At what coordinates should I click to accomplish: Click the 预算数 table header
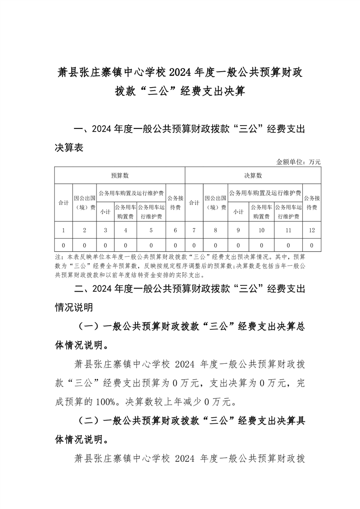tap(120, 176)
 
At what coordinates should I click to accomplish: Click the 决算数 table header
tap(253, 176)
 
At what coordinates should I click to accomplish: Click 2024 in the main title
tap(180, 72)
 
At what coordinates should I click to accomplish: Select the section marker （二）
tap(89, 421)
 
